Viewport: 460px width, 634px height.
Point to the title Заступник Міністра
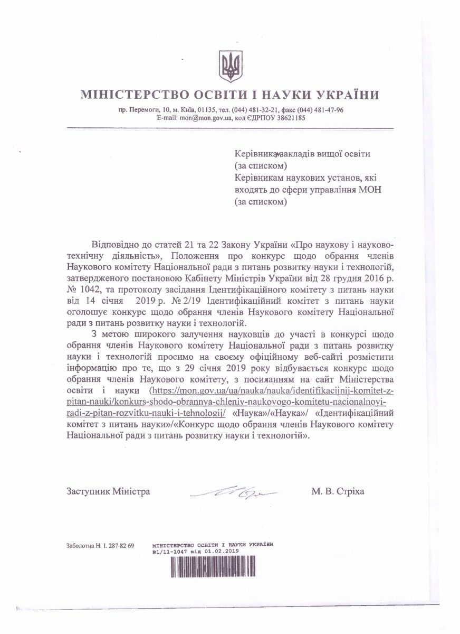[x=109, y=491]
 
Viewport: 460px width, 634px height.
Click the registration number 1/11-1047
[x=174, y=550]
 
